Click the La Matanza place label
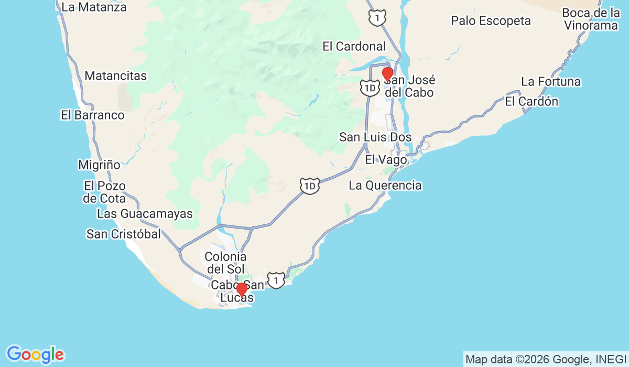point(94,7)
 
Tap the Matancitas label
point(115,75)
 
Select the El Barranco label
point(93,115)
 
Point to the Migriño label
point(99,165)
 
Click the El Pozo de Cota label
point(104,192)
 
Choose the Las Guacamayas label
point(145,214)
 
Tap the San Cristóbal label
point(124,234)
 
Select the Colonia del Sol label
point(225,263)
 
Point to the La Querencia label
point(385,185)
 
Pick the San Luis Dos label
point(375,137)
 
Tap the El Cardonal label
point(354,46)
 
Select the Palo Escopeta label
point(491,21)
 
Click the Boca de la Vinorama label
point(592,19)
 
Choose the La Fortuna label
point(551,82)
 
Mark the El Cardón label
point(532,102)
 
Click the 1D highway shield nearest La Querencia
point(310,186)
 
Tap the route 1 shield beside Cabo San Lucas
point(276,279)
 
